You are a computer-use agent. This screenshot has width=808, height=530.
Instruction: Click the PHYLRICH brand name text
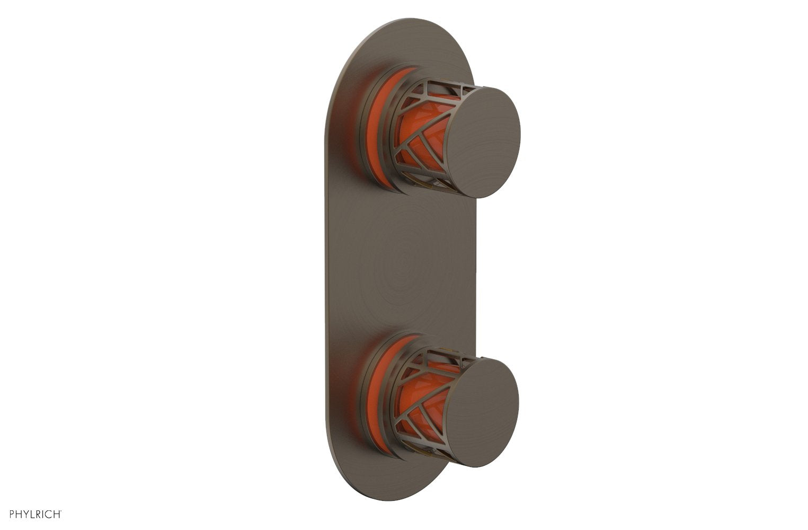pyautogui.click(x=35, y=514)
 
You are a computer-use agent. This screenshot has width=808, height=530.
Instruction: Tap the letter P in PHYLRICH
pyautogui.click(x=12, y=514)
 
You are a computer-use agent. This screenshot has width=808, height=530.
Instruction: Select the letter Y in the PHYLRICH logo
pyautogui.click(x=25, y=514)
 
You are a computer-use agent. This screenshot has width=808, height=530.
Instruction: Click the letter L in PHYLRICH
pyautogui.click(x=32, y=514)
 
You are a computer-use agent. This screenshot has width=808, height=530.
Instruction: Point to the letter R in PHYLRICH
pyautogui.click(x=39, y=514)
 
